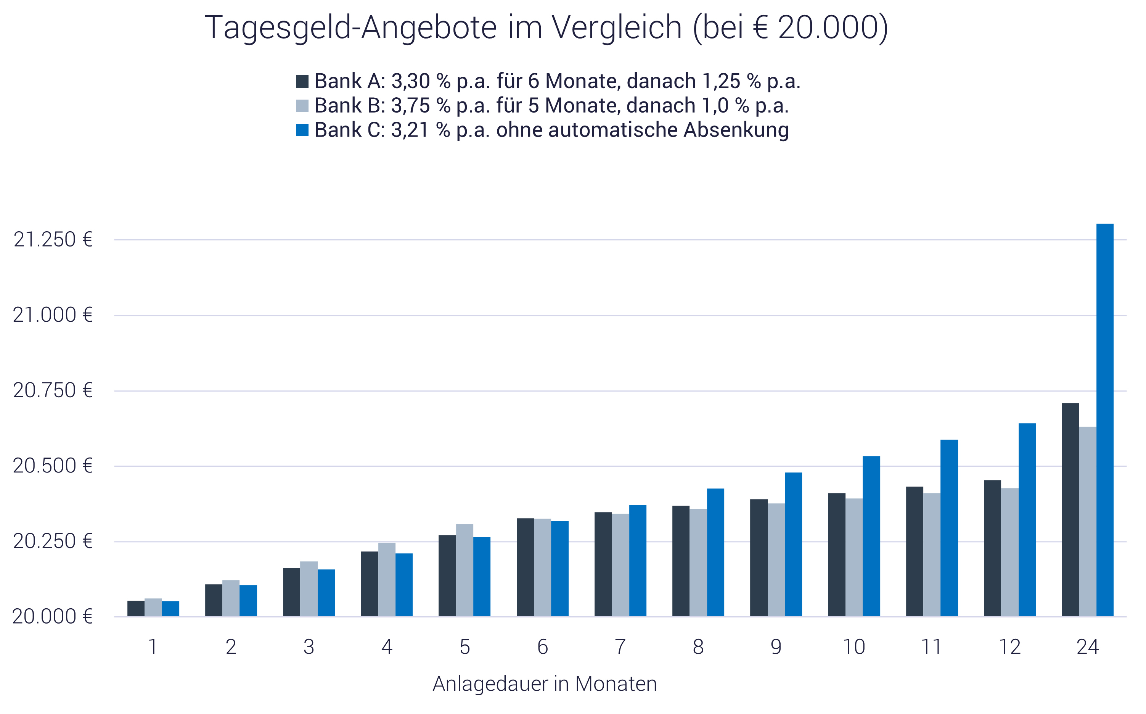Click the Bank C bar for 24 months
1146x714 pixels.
pyautogui.click(x=1105, y=420)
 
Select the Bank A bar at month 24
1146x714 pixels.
pyautogui.click(x=1070, y=510)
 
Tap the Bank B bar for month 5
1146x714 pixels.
pyautogui.click(x=465, y=570)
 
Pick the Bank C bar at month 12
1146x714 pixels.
pyautogui.click(x=1027, y=519)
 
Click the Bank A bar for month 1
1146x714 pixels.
pyautogui.click(x=136, y=609)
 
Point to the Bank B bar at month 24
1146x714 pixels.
pyautogui.click(x=1088, y=522)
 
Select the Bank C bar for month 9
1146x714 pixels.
pyautogui.click(x=794, y=545)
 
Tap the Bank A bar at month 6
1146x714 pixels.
pyautogui.click(x=525, y=567)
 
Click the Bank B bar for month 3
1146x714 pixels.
pyautogui.click(x=309, y=589)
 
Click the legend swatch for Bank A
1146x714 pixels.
pyautogui.click(x=302, y=81)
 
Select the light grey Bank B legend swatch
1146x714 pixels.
pyautogui.click(x=302, y=106)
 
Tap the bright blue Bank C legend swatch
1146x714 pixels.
pyautogui.click(x=302, y=130)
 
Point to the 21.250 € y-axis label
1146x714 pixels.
pyautogui.click(x=52, y=240)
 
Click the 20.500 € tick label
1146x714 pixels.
pyautogui.click(x=52, y=466)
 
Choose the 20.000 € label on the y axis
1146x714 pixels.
pyautogui.click(x=52, y=617)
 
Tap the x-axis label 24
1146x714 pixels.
pyautogui.click(x=1088, y=647)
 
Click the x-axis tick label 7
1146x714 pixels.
pyautogui.click(x=620, y=647)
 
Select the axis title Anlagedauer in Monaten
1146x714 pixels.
pyautogui.click(x=545, y=684)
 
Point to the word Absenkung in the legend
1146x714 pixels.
pyautogui.click(x=736, y=130)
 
